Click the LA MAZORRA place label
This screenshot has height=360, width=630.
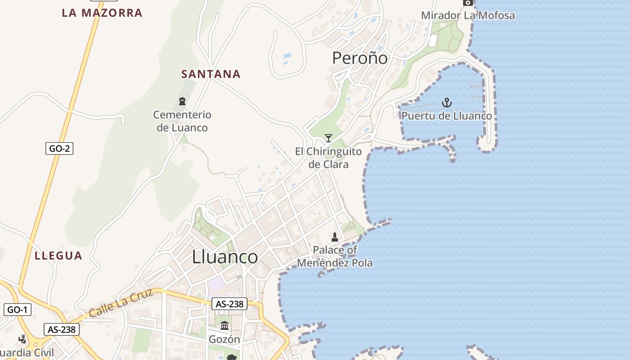(x=102, y=13)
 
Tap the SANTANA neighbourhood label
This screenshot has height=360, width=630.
(x=211, y=74)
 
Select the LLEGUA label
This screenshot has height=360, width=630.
(x=58, y=256)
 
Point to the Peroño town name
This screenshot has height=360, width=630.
(x=360, y=58)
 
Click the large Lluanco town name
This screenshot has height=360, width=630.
(x=225, y=256)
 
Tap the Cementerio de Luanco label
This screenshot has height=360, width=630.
(x=182, y=121)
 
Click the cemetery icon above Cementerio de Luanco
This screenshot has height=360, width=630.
(x=182, y=101)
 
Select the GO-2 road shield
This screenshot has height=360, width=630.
(x=59, y=148)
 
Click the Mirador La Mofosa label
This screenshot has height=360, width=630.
(x=468, y=15)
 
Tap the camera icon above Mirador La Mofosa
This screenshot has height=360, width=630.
(x=468, y=3)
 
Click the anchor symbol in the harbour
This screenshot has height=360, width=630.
(x=446, y=103)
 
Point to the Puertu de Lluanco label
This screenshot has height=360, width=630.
(x=446, y=116)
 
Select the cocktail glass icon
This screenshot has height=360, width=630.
(x=328, y=138)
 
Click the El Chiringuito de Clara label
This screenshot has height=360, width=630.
(x=328, y=157)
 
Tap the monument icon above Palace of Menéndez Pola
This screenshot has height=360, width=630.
(x=335, y=237)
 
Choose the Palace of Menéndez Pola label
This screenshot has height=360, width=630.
(x=335, y=256)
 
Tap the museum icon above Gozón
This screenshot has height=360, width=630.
(x=225, y=325)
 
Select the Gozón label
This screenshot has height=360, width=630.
(x=225, y=339)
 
